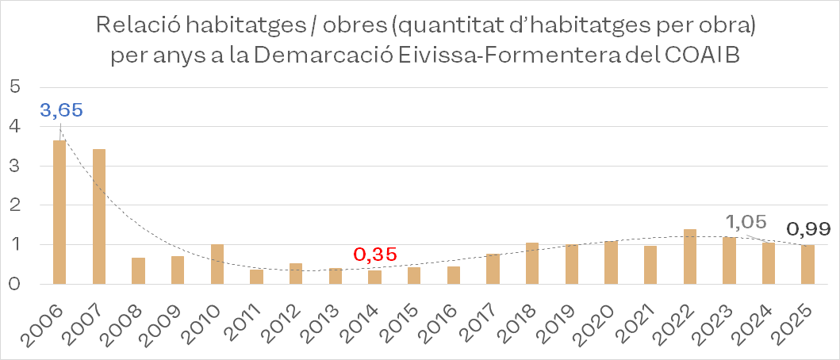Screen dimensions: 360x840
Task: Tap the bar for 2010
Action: [x=217, y=263]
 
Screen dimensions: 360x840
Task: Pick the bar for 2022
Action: [x=690, y=256]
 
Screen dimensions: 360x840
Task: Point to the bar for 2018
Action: [x=532, y=262]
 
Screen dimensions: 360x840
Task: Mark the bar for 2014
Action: [x=374, y=277]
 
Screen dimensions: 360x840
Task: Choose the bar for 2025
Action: [x=807, y=264]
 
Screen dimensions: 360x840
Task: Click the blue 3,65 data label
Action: [x=60, y=110]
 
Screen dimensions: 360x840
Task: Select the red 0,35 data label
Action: [x=374, y=255]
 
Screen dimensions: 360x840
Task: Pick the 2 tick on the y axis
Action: [x=13, y=205]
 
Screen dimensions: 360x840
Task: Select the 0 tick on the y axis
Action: [x=13, y=283]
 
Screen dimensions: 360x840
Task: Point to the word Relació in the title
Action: [x=140, y=25]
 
